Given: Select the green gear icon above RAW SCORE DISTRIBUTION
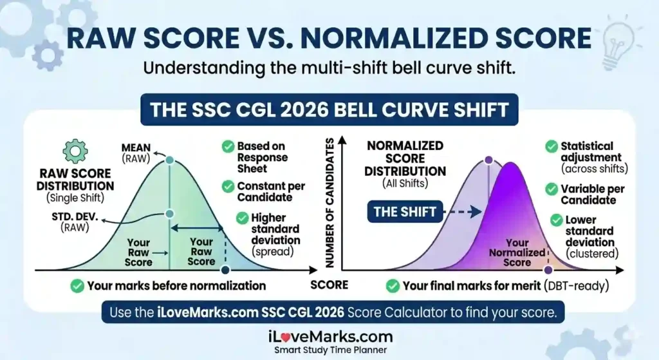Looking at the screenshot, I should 75,151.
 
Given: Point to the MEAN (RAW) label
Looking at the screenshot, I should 136,153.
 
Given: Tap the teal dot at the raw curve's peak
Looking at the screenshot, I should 169,160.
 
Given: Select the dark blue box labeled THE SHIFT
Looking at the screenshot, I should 405,212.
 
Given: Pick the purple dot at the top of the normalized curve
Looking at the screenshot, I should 488,160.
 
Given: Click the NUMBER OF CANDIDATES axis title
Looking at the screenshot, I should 331,205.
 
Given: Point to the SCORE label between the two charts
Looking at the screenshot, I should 329,285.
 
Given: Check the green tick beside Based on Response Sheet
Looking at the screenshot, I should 228,147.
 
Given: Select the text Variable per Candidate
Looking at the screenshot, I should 588,194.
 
